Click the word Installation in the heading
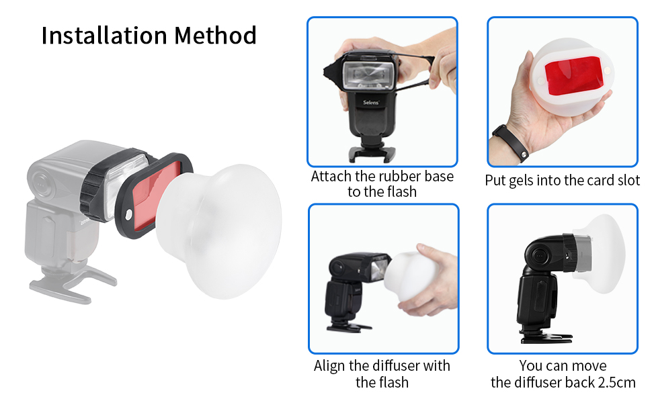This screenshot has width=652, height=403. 105,35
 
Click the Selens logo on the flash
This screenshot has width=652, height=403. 371,103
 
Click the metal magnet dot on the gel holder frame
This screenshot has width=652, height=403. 128,214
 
